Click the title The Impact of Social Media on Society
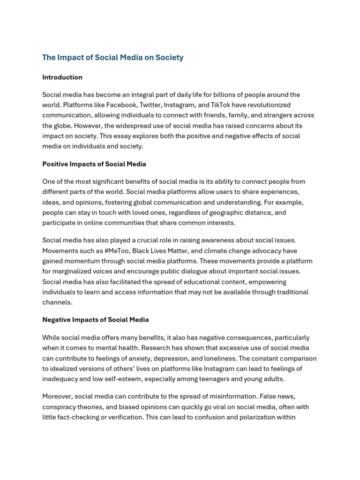[112, 58]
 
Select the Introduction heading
[62, 77]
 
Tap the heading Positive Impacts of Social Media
[94, 164]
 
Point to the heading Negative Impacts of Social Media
[95, 320]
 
